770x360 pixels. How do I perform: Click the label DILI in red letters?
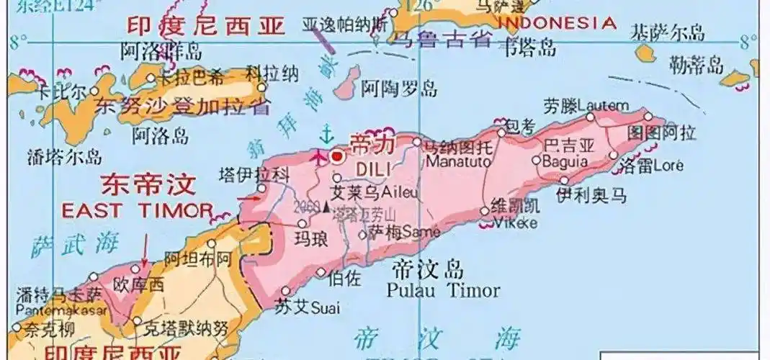[x=372, y=166]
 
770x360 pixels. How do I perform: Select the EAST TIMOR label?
[x=137, y=210]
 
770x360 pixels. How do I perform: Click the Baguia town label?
[x=565, y=161]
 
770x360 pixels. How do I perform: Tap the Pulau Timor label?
[x=442, y=290]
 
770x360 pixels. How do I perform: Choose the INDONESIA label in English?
[x=558, y=22]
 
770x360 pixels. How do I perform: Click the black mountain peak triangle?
[x=326, y=207]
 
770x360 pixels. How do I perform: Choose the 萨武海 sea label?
[x=66, y=245]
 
